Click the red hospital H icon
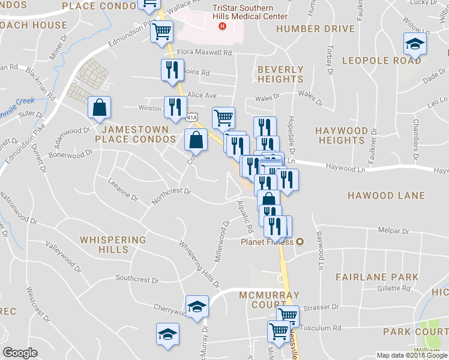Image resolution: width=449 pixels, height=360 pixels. tap(223, 26)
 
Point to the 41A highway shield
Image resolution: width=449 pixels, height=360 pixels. tap(191, 113)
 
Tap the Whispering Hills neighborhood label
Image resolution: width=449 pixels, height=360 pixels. tap(113, 245)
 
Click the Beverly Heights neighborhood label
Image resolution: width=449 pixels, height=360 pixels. tap(280, 74)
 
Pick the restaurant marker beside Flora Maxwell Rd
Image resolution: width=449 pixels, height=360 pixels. tap(172, 70)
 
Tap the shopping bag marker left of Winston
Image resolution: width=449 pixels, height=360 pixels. tap(100, 108)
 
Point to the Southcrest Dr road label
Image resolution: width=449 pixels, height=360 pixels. tap(137, 279)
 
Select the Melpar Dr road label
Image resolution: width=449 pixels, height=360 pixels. tap(393, 230)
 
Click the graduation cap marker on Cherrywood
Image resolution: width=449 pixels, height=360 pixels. tap(197, 307)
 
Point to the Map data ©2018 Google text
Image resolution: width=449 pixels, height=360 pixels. tap(411, 355)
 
